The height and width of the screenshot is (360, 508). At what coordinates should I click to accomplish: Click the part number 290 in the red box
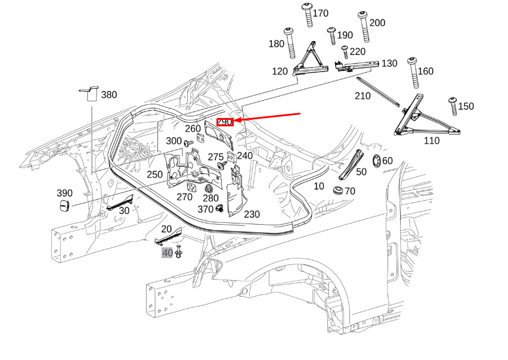[225, 122]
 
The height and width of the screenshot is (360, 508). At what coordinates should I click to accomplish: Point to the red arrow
[267, 117]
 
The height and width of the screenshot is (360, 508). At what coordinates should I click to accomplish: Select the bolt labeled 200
[364, 27]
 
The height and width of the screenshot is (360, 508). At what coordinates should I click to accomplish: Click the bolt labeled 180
[290, 43]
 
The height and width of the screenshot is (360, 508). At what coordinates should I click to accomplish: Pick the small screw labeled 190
[332, 36]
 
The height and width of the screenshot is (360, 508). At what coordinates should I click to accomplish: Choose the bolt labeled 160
[413, 73]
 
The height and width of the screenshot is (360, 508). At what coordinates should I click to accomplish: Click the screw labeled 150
[453, 106]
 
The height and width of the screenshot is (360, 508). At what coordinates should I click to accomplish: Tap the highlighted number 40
[167, 253]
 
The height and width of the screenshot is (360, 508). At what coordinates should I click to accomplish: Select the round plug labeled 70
[339, 190]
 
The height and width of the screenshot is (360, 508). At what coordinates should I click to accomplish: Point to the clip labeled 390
[65, 206]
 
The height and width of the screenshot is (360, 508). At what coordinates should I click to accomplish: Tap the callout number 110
[432, 141]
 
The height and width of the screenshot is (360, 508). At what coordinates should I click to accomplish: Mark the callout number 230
[252, 215]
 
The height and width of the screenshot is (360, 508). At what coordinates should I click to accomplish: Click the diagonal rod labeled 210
[378, 92]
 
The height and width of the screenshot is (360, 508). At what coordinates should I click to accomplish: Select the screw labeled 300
[188, 143]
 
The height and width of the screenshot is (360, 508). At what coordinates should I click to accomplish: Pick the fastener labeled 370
[220, 208]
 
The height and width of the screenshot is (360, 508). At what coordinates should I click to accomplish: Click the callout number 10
[319, 186]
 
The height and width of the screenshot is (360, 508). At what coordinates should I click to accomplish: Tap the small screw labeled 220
[345, 52]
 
